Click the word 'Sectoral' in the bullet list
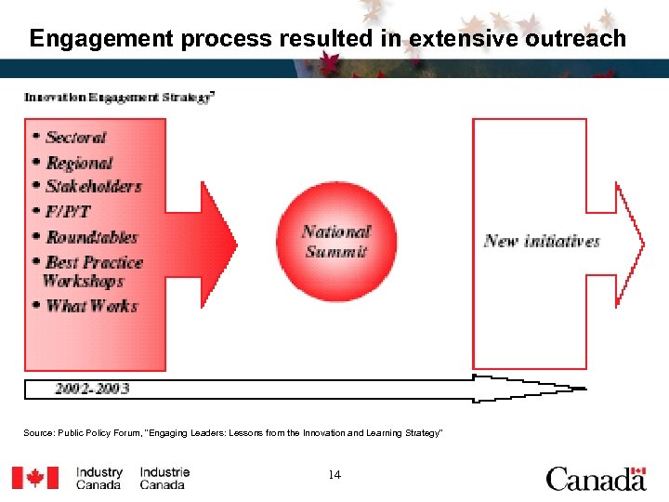click(76, 138)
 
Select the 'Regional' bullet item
click(80, 163)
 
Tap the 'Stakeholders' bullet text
click(94, 186)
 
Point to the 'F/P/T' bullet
click(68, 211)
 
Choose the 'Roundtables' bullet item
click(92, 237)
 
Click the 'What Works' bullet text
click(92, 306)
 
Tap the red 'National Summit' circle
click(335, 242)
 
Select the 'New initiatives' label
click(542, 241)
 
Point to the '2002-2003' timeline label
click(92, 388)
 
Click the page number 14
click(334, 475)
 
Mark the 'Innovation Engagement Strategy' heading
click(120, 97)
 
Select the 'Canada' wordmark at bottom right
click(596, 479)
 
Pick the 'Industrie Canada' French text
click(164, 479)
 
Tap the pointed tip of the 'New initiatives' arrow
click(642, 243)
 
